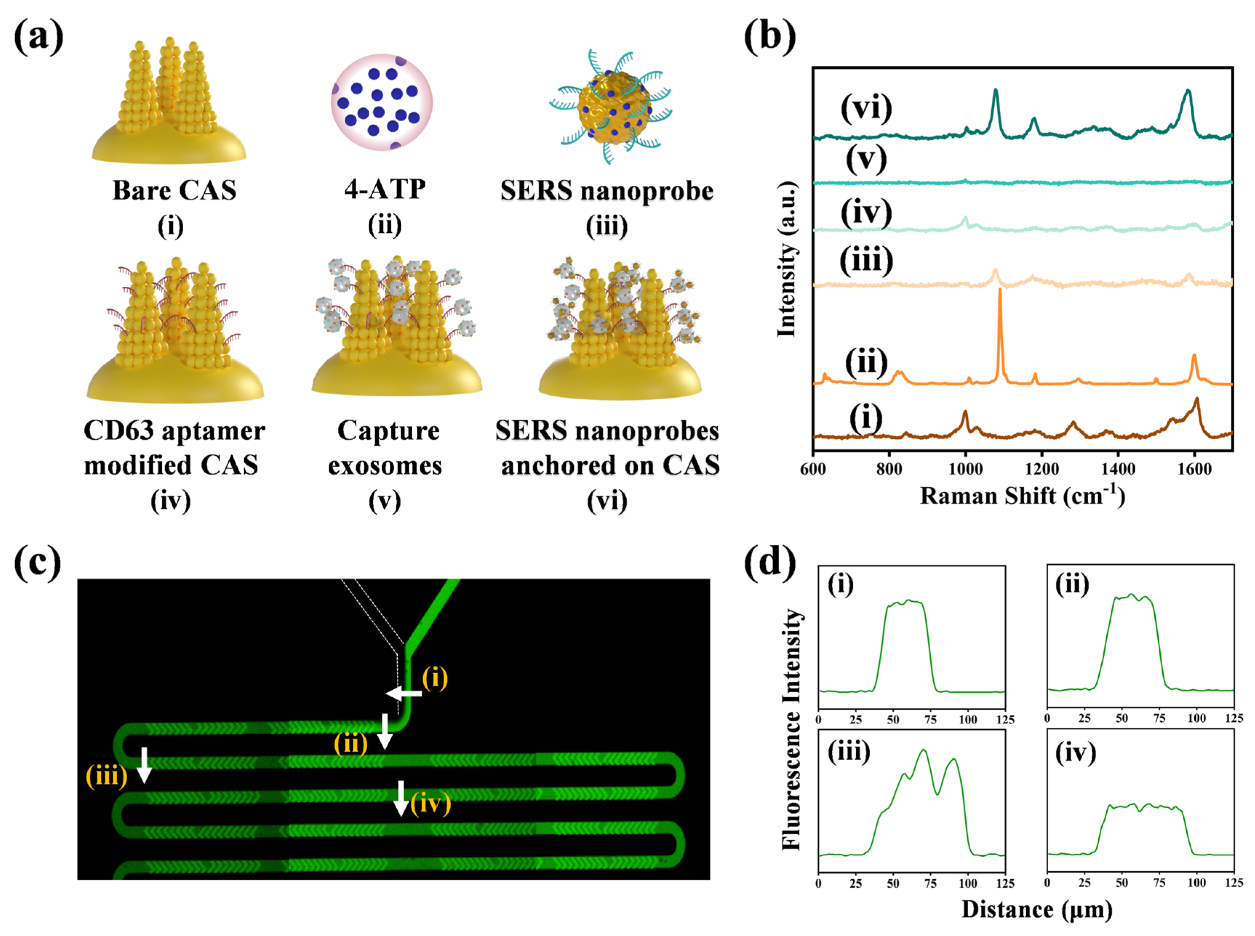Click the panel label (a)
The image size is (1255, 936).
click(x=39, y=37)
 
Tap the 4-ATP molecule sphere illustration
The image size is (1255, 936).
click(x=381, y=102)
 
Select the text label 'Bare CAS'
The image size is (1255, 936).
click(x=174, y=190)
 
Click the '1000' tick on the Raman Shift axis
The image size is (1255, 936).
click(x=965, y=469)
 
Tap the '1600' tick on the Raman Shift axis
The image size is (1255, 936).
click(x=1194, y=469)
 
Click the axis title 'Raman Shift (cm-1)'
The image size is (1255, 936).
click(x=1022, y=496)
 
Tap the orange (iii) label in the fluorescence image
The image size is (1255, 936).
click(x=107, y=775)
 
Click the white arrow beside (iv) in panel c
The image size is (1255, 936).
click(x=401, y=798)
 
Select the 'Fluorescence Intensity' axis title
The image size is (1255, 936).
click(x=791, y=730)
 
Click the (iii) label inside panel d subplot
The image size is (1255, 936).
click(x=849, y=752)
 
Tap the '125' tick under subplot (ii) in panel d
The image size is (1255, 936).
click(x=1234, y=718)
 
